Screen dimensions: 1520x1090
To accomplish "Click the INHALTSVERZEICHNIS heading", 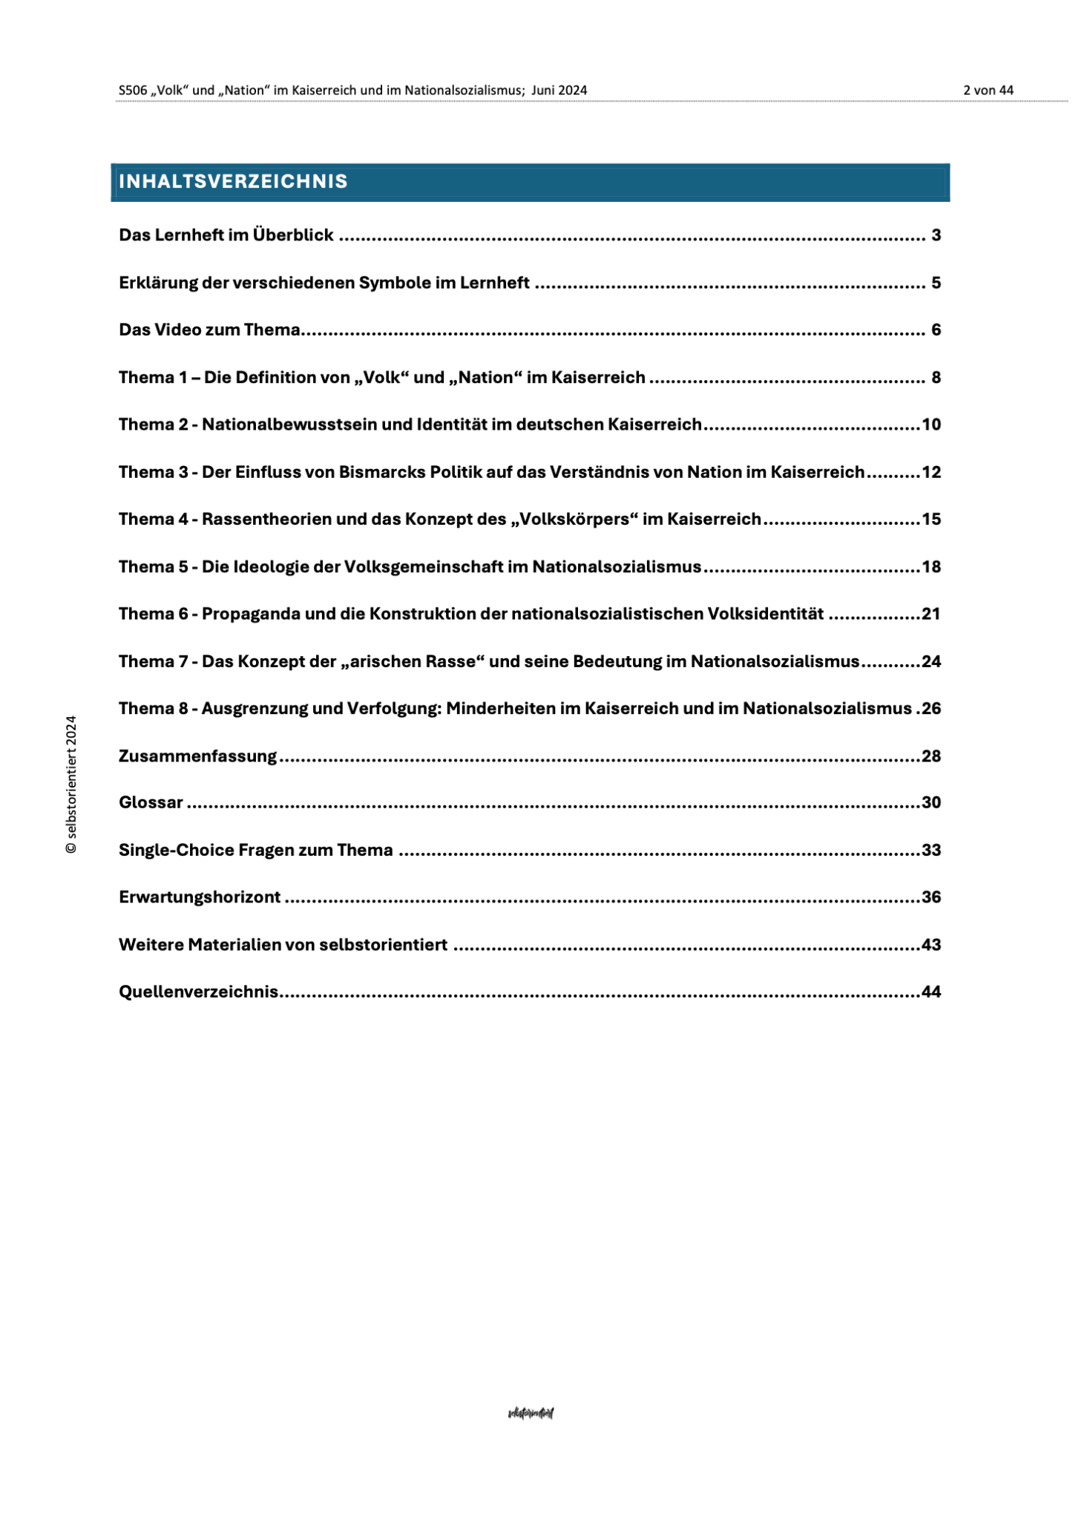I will coord(233,182).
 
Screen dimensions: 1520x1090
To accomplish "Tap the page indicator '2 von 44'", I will coord(988,91).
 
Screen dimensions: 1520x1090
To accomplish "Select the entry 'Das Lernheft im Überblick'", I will coord(226,235).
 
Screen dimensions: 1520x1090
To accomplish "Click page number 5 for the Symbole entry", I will coord(936,283).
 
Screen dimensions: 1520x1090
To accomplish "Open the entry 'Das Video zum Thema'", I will coord(209,330).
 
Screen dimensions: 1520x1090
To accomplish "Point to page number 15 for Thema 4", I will coord(930,520).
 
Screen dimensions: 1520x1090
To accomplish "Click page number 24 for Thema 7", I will coord(930,661).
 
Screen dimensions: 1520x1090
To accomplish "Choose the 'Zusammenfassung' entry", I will coord(197,756).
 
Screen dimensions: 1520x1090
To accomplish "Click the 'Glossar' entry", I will coord(151,802).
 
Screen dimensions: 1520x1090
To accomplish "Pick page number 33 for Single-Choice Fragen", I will coord(930,850).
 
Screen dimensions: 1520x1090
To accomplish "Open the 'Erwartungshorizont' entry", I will coord(200,897).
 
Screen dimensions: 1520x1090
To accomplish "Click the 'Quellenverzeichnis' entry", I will coord(198,992).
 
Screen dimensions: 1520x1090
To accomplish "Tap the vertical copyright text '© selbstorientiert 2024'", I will coord(71,784).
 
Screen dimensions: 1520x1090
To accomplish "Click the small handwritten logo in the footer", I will coord(531,1413).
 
